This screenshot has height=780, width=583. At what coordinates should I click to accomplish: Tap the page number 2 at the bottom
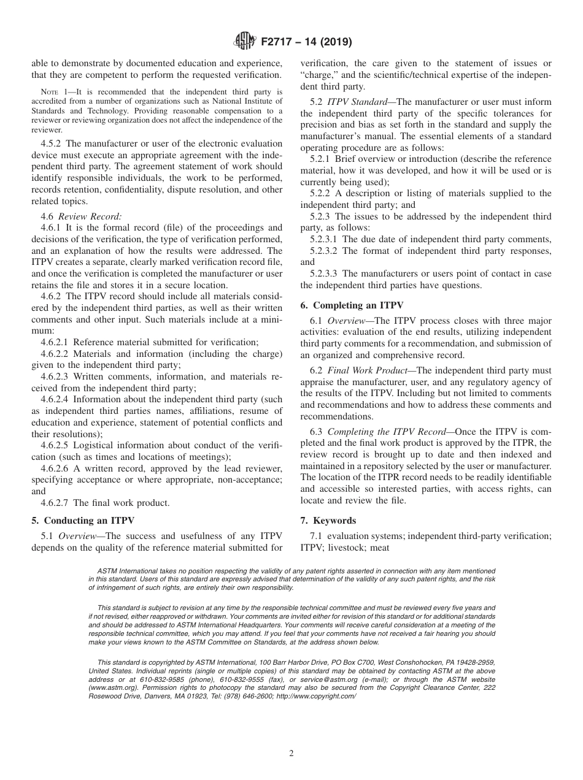click(x=291, y=754)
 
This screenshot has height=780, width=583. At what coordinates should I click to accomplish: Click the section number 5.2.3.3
click(x=324, y=273)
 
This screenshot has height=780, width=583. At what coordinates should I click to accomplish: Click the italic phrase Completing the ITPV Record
click(x=385, y=432)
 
